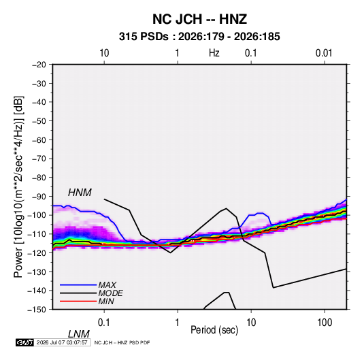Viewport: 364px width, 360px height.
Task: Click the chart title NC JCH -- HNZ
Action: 199,19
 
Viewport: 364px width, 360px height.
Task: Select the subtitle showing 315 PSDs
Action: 199,37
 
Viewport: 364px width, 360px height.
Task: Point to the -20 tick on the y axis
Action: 39,65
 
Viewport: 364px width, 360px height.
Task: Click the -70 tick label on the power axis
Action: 39,159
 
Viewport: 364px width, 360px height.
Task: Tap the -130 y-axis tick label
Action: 37,272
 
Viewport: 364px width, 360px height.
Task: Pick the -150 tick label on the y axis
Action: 37,310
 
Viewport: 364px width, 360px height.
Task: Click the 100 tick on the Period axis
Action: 325,323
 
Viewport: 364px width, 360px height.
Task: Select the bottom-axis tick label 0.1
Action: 104,323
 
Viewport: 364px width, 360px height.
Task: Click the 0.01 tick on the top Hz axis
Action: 324,53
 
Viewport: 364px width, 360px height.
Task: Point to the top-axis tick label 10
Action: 104,53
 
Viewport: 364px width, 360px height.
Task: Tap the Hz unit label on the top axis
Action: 214,53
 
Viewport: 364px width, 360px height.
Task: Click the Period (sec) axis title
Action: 214,330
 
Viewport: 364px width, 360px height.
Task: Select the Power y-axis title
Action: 18,186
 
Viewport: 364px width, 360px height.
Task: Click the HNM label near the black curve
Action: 80,193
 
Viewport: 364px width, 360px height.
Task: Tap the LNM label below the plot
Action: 79,334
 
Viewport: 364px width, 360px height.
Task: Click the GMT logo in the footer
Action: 25,342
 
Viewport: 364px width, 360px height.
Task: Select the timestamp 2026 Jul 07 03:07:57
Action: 62,342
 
